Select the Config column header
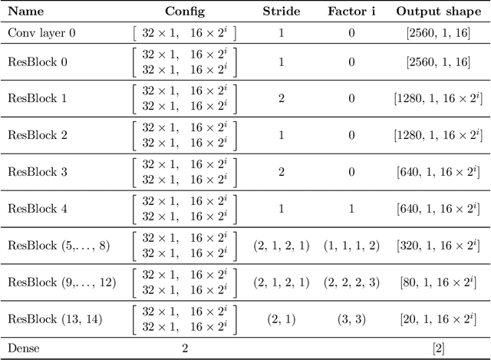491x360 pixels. coord(184,12)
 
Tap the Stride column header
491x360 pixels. coord(281,12)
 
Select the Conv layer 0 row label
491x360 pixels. coord(41,34)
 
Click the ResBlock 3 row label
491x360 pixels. coord(37,172)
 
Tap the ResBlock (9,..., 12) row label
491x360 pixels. coord(61,282)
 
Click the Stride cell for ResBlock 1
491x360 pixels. coord(281,98)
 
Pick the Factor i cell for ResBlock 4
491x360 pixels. coord(351,209)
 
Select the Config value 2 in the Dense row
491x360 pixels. coord(184,347)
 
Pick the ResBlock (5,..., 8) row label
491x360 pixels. coord(59,246)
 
